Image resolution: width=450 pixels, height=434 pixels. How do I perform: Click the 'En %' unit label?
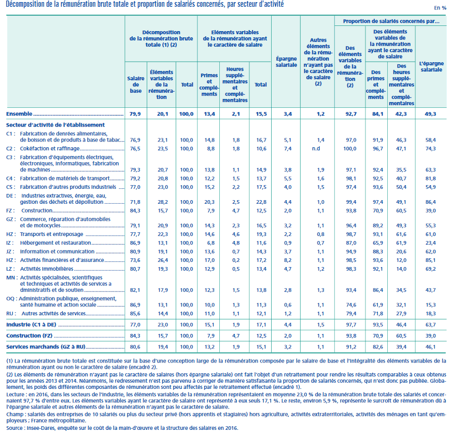coord(440,8)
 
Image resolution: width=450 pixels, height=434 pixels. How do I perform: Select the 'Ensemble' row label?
coord(19,114)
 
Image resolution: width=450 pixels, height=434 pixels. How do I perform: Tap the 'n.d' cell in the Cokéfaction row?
coord(316,148)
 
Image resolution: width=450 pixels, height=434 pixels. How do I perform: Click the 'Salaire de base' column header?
coord(135,85)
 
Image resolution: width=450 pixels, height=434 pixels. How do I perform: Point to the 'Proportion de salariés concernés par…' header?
coord(391,21)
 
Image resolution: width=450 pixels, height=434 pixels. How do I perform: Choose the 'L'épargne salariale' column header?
coord(431,66)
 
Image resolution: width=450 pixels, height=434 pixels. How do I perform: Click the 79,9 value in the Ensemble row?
coord(135,114)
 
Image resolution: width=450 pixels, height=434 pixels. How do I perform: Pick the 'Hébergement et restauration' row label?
coord(55,243)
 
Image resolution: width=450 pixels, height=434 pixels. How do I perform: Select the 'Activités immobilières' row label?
coord(47,269)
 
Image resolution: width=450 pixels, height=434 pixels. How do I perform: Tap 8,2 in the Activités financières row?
coord(288,260)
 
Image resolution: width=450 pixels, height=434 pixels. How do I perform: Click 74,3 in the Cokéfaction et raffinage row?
coord(430,148)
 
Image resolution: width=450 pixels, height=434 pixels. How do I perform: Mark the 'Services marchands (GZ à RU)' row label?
coord(46,347)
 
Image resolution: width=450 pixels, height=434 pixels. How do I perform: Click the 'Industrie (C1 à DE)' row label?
coord(31,325)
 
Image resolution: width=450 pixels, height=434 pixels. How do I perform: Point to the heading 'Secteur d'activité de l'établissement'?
coord(55,125)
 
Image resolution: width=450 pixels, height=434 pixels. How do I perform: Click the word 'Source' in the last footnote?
coord(15,428)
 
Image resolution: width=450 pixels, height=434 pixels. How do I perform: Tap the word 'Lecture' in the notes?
coord(15,395)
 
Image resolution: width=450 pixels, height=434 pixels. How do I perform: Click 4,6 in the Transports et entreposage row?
coord(236,234)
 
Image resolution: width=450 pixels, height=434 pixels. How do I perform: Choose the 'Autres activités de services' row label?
coord(53,313)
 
